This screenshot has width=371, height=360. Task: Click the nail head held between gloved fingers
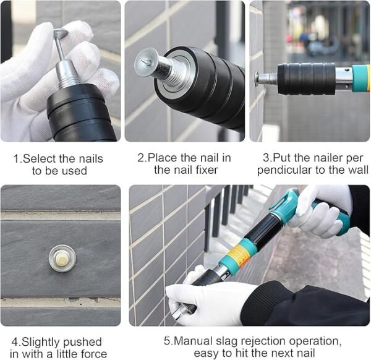[x=61, y=33]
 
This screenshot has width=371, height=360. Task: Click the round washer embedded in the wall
[x=62, y=258]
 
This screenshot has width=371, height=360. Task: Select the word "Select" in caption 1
[x=40, y=158]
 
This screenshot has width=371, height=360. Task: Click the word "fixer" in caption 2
[x=207, y=169]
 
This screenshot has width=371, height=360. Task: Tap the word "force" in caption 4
[x=93, y=354]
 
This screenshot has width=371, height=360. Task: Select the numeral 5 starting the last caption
[x=166, y=341]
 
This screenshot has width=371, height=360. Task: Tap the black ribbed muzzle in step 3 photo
[x=307, y=79]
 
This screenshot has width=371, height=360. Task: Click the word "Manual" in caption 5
[x=192, y=341]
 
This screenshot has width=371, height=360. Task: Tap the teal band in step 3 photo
[x=361, y=79]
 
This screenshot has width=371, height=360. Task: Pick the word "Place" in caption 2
[x=163, y=158]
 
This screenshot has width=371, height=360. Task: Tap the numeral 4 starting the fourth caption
[x=14, y=342]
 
